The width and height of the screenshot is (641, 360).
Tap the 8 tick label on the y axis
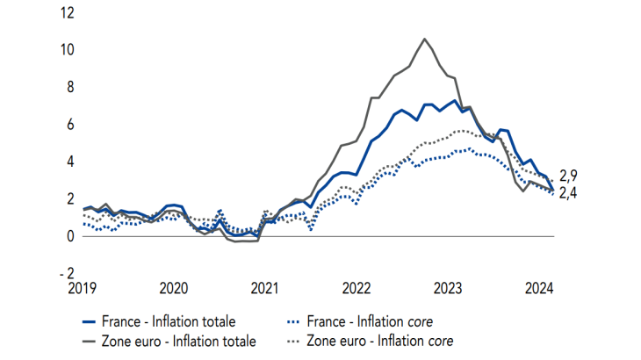70,87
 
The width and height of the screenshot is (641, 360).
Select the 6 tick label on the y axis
70,124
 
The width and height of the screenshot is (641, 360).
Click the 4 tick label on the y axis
70,162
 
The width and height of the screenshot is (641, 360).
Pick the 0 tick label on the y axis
70,236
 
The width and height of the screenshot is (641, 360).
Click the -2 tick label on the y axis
68,273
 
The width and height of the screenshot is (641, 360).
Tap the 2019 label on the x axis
83,288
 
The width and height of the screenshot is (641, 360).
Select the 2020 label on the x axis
174,288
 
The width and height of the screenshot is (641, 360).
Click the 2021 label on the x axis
264,288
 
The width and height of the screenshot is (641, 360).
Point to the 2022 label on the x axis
356,288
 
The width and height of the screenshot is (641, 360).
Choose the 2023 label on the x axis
447,288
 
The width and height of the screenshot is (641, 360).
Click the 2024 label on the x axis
537,288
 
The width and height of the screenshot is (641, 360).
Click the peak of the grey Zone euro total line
425,39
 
